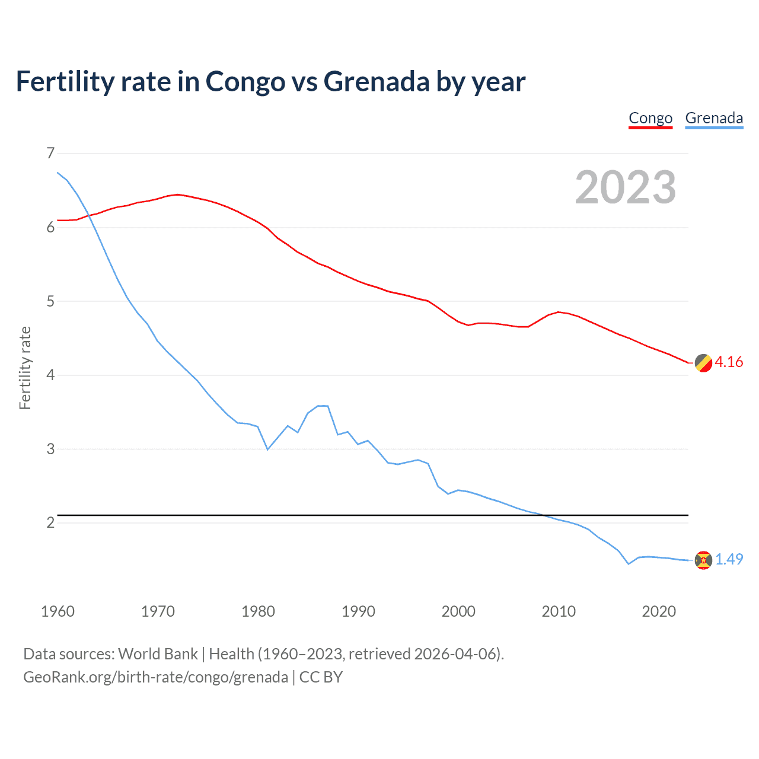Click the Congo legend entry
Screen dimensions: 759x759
click(650, 119)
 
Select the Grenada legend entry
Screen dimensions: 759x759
click(714, 119)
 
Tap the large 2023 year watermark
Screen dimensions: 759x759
click(625, 187)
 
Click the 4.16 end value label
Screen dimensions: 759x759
click(729, 362)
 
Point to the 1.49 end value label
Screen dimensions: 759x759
click(729, 559)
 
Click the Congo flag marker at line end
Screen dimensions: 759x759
click(703, 363)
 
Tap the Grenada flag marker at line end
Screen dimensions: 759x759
click(703, 560)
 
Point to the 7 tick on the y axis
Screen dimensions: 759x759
click(50, 154)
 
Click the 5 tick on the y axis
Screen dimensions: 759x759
click(50, 301)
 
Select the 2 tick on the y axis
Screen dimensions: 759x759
click(50, 522)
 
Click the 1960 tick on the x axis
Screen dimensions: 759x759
click(58, 611)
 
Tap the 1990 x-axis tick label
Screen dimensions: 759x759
click(358, 611)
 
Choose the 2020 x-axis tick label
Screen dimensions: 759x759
click(659, 611)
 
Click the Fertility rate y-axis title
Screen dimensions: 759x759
click(25, 368)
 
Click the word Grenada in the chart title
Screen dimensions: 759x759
click(376, 82)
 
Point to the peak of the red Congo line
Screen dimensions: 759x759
click(177, 194)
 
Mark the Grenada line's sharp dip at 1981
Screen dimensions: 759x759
click(267, 449)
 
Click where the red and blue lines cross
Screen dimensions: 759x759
click(90, 216)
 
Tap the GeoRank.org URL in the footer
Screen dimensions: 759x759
click(155, 677)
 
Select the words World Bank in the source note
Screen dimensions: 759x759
click(158, 654)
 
